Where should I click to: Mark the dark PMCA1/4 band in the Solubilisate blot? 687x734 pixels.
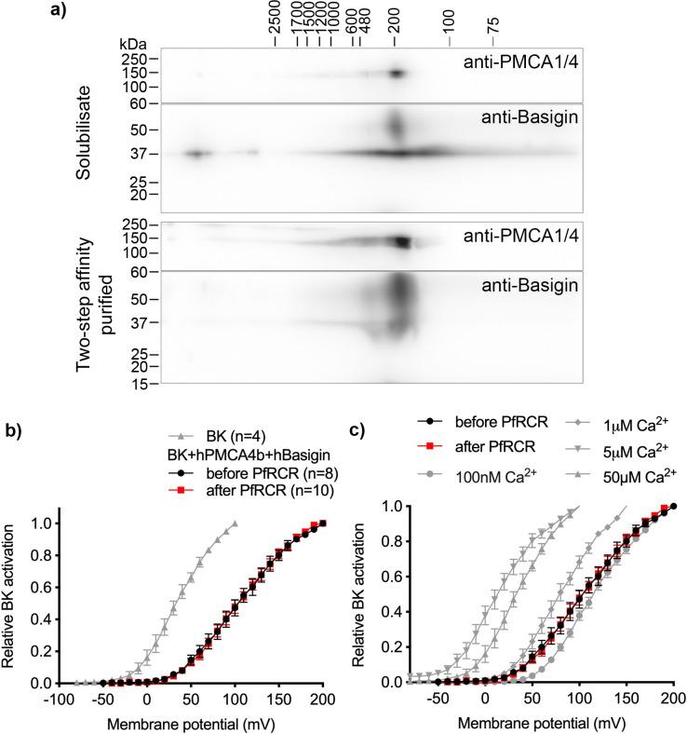tap(397, 74)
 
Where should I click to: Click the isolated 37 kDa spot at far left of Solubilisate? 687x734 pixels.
tap(195, 153)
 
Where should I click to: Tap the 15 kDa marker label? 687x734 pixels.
tap(144, 383)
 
